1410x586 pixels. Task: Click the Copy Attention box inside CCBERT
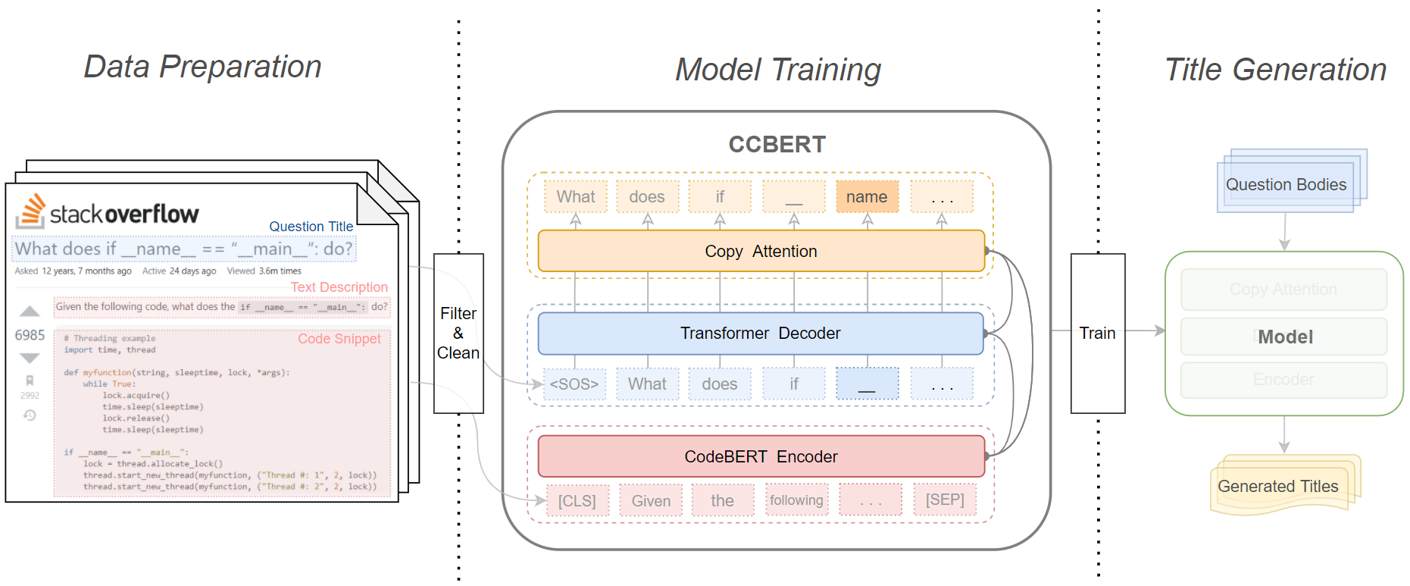[761, 251]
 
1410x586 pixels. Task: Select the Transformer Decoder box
[760, 333]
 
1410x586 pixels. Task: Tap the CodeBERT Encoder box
[761, 456]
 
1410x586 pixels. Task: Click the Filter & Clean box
[458, 333]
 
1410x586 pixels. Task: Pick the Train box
[1097, 333]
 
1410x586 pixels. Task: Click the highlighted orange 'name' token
[867, 197]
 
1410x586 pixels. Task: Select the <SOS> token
[574, 384]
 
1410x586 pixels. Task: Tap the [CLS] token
[577, 501]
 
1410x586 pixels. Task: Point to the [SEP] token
[945, 500]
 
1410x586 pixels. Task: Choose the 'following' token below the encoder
[796, 500]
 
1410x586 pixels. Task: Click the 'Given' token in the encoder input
[651, 501]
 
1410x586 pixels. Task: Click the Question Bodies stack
[1286, 184]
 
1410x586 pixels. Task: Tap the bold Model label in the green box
[1285, 337]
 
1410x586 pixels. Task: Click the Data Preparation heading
[202, 67]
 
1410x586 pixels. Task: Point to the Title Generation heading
[1275, 70]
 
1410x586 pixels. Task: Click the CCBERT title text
[777, 144]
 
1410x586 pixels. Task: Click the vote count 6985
[30, 335]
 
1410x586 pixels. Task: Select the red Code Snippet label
[339, 339]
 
